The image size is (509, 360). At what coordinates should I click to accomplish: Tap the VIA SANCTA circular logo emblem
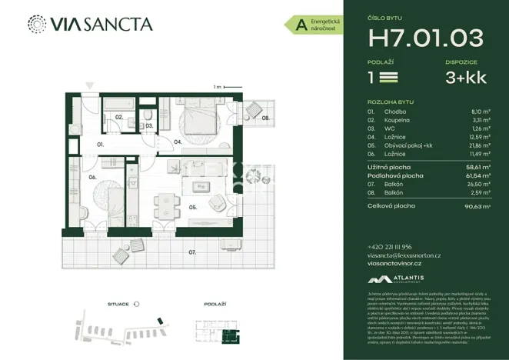tap(36, 24)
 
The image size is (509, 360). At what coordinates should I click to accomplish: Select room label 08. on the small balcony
tap(264, 118)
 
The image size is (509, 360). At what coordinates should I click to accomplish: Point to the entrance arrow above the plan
tap(89, 85)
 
